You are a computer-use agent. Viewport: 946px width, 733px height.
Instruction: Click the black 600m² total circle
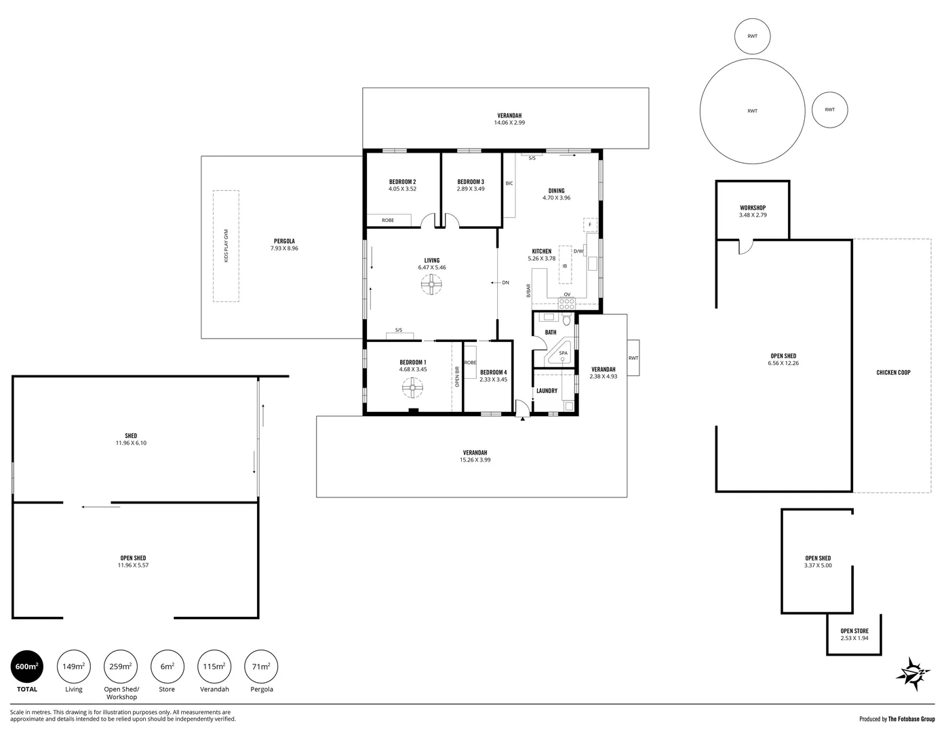tap(27, 666)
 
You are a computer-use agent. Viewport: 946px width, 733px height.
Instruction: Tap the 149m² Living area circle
tap(73, 666)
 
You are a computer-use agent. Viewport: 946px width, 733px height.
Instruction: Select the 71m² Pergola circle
tap(261, 666)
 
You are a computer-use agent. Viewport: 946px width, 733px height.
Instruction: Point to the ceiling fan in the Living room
tap(431, 284)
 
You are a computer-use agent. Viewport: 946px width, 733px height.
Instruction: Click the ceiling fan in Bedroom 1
tap(412, 388)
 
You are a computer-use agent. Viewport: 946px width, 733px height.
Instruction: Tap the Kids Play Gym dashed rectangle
tap(226, 246)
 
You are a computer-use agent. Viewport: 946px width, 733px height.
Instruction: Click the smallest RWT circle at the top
tap(752, 36)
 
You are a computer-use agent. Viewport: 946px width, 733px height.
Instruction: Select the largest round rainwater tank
tap(752, 111)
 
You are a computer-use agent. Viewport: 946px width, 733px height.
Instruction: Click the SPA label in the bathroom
tap(564, 353)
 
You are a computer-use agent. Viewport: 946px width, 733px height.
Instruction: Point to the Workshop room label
tap(753, 208)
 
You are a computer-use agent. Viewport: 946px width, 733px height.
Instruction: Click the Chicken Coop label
tap(893, 373)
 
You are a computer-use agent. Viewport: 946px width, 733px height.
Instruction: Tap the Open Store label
tap(854, 631)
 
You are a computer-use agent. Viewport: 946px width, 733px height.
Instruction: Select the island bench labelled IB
tap(565, 265)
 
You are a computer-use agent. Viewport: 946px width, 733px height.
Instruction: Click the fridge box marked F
tap(591, 225)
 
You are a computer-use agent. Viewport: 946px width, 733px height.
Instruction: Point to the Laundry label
tap(547, 391)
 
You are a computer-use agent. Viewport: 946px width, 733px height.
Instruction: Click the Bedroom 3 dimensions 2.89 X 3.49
tap(471, 189)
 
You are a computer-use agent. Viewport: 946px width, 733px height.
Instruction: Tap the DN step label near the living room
tap(505, 282)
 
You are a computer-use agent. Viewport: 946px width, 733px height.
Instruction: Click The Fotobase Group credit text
tap(911, 719)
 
